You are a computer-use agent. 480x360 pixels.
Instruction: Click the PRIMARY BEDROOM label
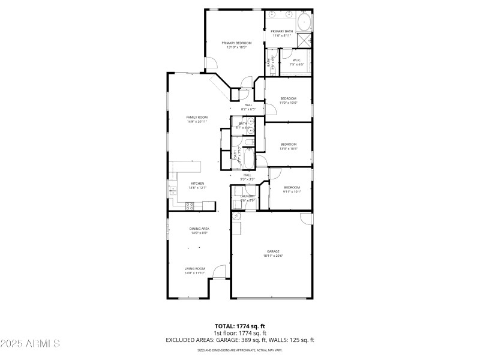click(x=236, y=43)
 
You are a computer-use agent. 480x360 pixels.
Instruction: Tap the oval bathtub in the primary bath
click(x=304, y=22)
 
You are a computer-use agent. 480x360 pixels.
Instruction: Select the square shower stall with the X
click(x=304, y=40)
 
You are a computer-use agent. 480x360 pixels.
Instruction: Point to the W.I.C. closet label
click(x=296, y=60)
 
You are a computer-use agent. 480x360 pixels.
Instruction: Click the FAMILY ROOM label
click(x=197, y=117)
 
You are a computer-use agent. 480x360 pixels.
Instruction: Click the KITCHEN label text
click(x=197, y=184)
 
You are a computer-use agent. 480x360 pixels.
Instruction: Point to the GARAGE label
click(x=273, y=251)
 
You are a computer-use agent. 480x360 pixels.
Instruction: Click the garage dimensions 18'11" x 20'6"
click(x=273, y=256)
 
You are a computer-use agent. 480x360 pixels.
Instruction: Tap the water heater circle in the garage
click(x=236, y=216)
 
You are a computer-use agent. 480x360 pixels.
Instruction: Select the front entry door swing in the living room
click(x=218, y=272)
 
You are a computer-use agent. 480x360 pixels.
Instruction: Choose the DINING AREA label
click(x=199, y=229)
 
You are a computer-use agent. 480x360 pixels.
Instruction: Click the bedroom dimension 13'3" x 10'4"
click(x=288, y=148)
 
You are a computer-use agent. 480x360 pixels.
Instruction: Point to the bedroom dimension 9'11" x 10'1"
click(x=292, y=192)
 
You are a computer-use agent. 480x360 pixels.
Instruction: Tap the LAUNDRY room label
click(x=248, y=196)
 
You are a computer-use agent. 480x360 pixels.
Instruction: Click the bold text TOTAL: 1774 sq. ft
click(x=239, y=326)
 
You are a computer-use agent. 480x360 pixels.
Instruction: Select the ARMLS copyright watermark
click(x=30, y=344)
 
